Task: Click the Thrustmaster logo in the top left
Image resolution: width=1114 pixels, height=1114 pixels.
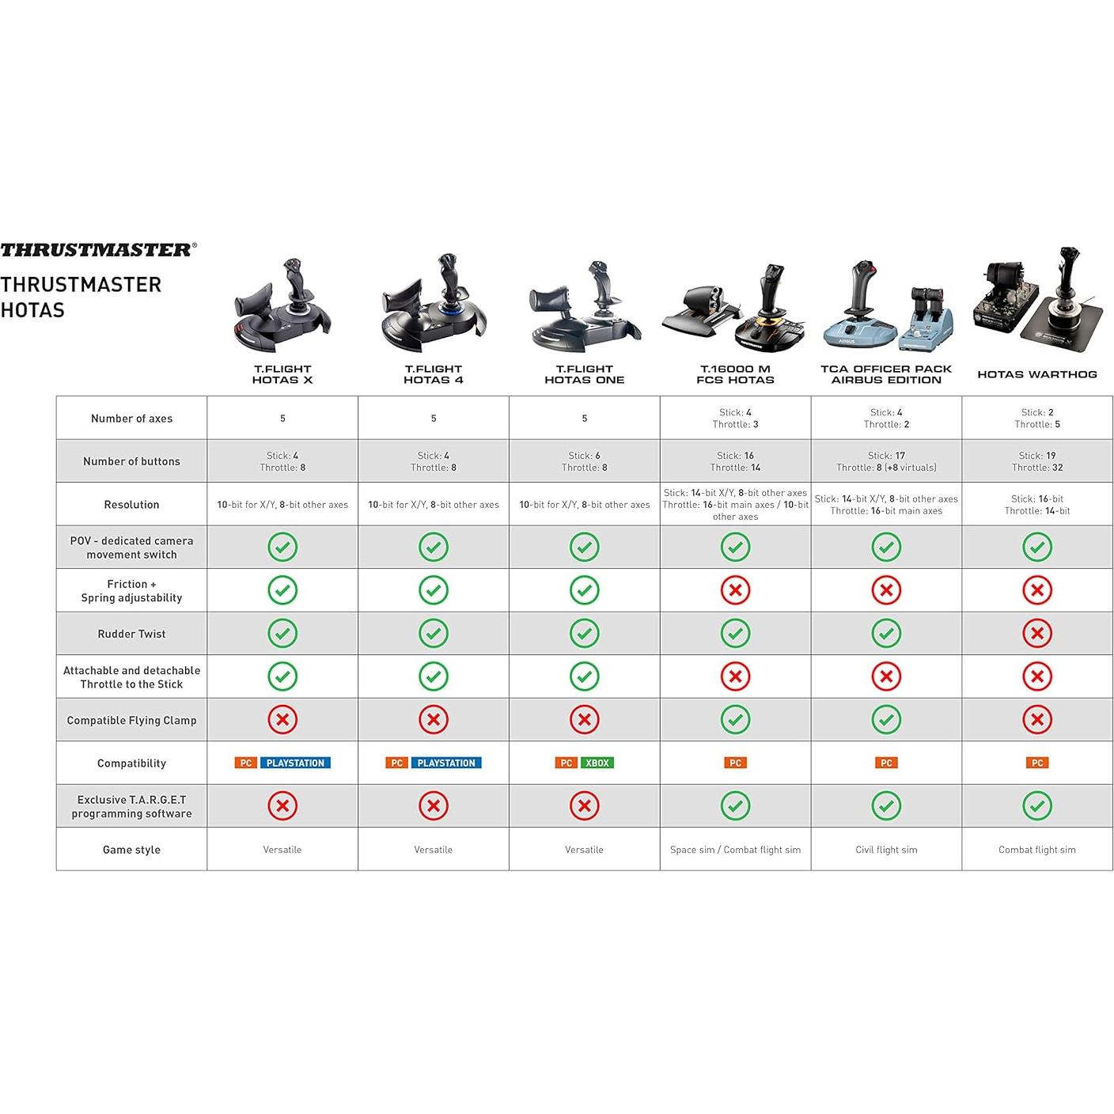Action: [x=98, y=250]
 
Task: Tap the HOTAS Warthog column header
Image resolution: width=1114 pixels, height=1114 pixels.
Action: [x=1036, y=374]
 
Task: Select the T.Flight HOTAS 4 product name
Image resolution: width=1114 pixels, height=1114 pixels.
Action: [x=433, y=374]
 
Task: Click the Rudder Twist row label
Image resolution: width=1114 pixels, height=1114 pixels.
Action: [x=131, y=634]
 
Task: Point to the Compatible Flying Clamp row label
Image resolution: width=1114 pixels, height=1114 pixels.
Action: [x=131, y=720]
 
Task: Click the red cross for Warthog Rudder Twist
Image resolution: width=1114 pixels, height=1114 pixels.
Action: [x=1036, y=633]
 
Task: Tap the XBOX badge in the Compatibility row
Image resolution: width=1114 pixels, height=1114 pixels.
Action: [x=597, y=763]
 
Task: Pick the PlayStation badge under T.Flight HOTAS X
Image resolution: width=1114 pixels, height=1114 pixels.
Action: [x=295, y=763]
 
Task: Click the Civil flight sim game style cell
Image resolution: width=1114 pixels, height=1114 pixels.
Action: [x=886, y=850]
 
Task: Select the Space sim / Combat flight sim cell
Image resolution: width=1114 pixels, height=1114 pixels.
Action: [x=735, y=850]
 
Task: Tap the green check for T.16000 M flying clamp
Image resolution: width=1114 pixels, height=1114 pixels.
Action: [x=735, y=720]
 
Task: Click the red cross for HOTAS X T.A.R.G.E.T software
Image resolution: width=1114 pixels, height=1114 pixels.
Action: [x=282, y=806]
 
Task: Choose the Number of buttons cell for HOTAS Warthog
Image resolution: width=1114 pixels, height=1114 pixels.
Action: [x=1036, y=461]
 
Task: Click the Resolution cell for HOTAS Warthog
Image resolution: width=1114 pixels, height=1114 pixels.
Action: [x=1036, y=505]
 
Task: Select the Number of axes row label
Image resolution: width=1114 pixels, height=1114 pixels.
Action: [x=131, y=419]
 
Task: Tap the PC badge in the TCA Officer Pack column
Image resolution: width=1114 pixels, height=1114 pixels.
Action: [x=886, y=763]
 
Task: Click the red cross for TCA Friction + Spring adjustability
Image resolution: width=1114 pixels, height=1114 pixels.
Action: [x=886, y=590]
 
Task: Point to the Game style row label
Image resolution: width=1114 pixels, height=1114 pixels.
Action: [x=131, y=850]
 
